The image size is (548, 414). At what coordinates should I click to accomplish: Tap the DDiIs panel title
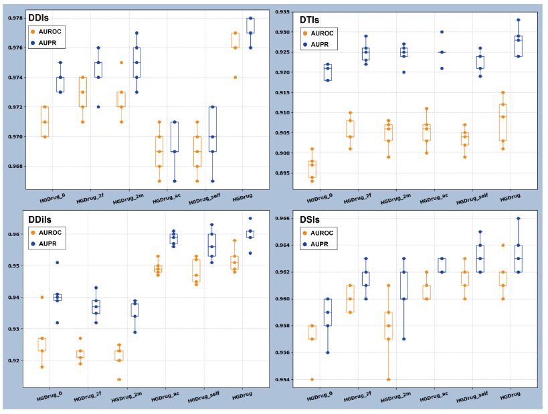point(42,219)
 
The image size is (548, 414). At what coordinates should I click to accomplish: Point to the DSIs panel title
point(312,219)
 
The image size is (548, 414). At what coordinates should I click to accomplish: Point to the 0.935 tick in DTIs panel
point(281,12)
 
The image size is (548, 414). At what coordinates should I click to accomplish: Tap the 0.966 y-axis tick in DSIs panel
point(281,219)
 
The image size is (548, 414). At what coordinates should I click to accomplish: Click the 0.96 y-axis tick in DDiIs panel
point(15,235)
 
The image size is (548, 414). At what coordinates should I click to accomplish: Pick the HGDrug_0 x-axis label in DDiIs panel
point(54,397)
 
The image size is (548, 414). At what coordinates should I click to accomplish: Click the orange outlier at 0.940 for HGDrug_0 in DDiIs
point(41,297)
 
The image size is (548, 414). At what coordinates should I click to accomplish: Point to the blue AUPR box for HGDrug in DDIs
point(251,33)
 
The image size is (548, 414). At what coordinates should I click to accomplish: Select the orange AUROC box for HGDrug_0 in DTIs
point(312,169)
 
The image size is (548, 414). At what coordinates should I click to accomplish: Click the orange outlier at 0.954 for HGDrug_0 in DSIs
point(312,379)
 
